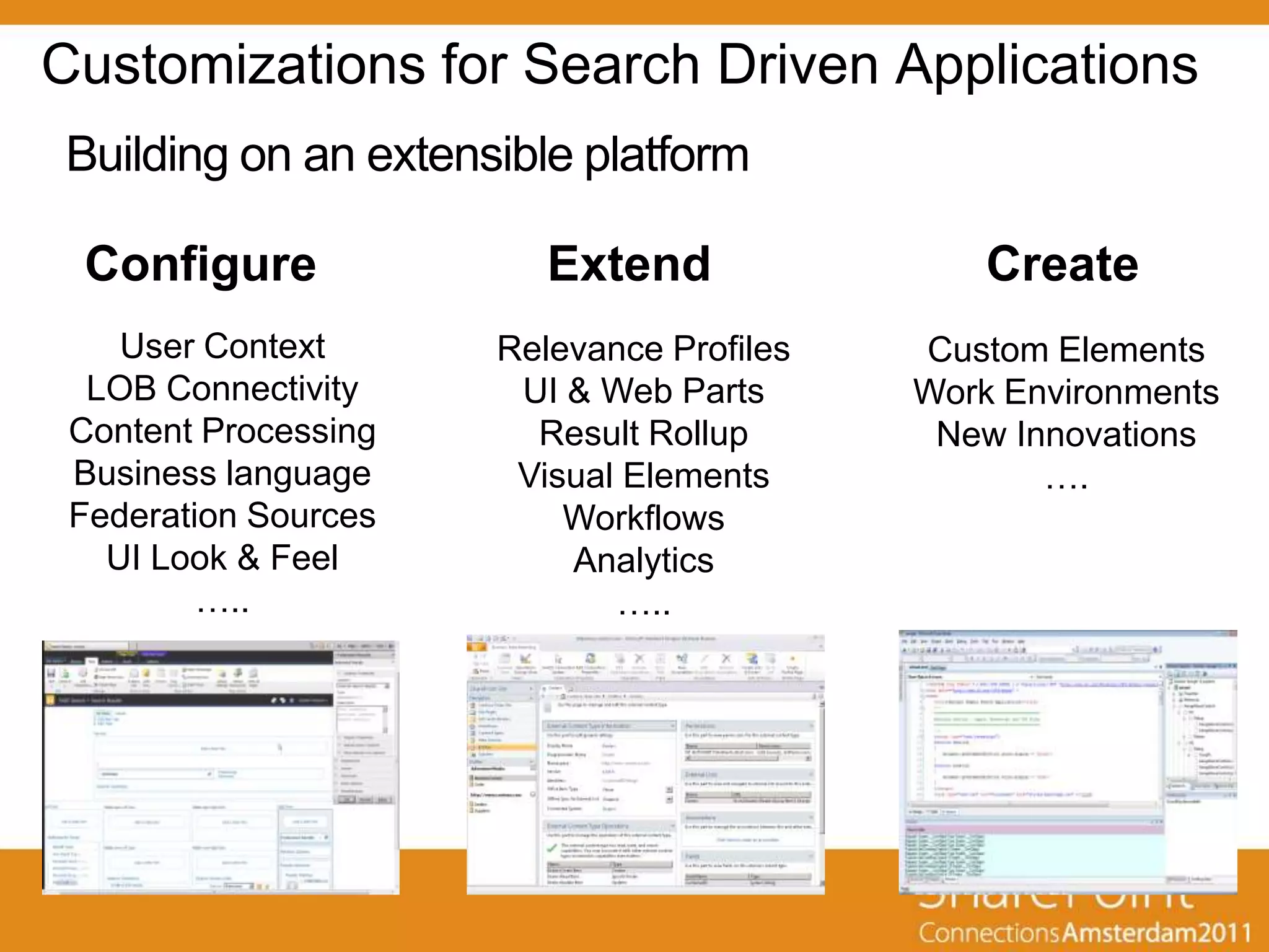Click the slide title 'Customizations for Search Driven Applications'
tap(620, 65)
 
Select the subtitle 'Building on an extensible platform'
tap(408, 155)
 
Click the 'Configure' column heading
tap(201, 265)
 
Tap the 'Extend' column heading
tap(629, 265)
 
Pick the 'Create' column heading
tap(1063, 265)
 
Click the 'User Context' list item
tap(222, 346)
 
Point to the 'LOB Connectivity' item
tap(222, 389)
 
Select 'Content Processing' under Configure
tap(222, 431)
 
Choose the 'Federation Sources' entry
tap(222, 516)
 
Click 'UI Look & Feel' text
tap(222, 558)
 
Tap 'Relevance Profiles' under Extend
tap(643, 349)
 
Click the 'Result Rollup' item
tap(643, 433)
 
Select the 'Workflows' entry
tap(643, 518)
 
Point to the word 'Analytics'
tap(643, 560)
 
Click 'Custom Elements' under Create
tap(1066, 350)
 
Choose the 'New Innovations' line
tap(1066, 434)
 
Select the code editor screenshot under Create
tap(1068, 762)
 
